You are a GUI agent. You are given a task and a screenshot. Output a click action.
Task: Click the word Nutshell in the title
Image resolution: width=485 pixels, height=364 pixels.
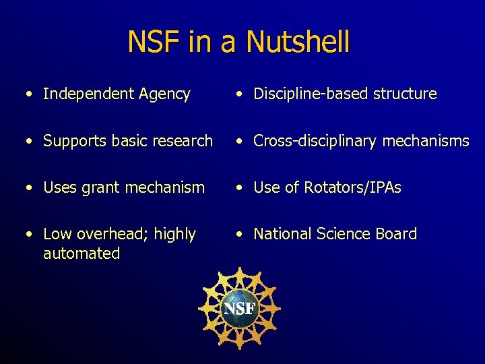[x=298, y=42]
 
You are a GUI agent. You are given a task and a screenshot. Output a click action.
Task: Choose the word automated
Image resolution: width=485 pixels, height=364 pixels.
[x=82, y=253]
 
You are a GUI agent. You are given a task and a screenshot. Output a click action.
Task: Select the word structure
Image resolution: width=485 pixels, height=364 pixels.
[x=404, y=94]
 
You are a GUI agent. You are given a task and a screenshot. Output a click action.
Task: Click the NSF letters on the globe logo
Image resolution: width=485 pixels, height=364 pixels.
[x=239, y=309]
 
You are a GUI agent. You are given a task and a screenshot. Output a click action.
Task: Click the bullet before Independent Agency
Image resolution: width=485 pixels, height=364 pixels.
[x=29, y=94]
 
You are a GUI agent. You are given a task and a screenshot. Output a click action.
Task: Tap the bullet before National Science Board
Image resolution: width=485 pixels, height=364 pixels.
[x=239, y=235]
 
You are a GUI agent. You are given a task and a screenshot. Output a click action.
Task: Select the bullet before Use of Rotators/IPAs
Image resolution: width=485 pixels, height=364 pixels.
[x=239, y=188]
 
